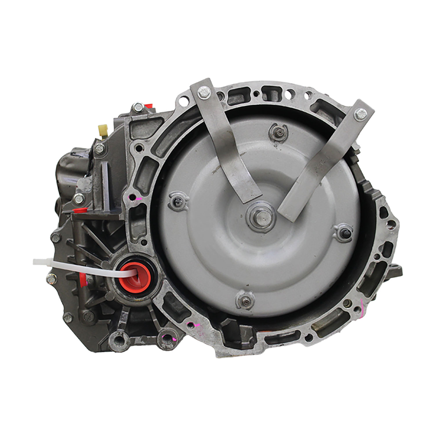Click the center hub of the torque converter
click(260, 216)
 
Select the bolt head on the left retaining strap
click(203, 92)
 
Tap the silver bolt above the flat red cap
click(78, 199)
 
